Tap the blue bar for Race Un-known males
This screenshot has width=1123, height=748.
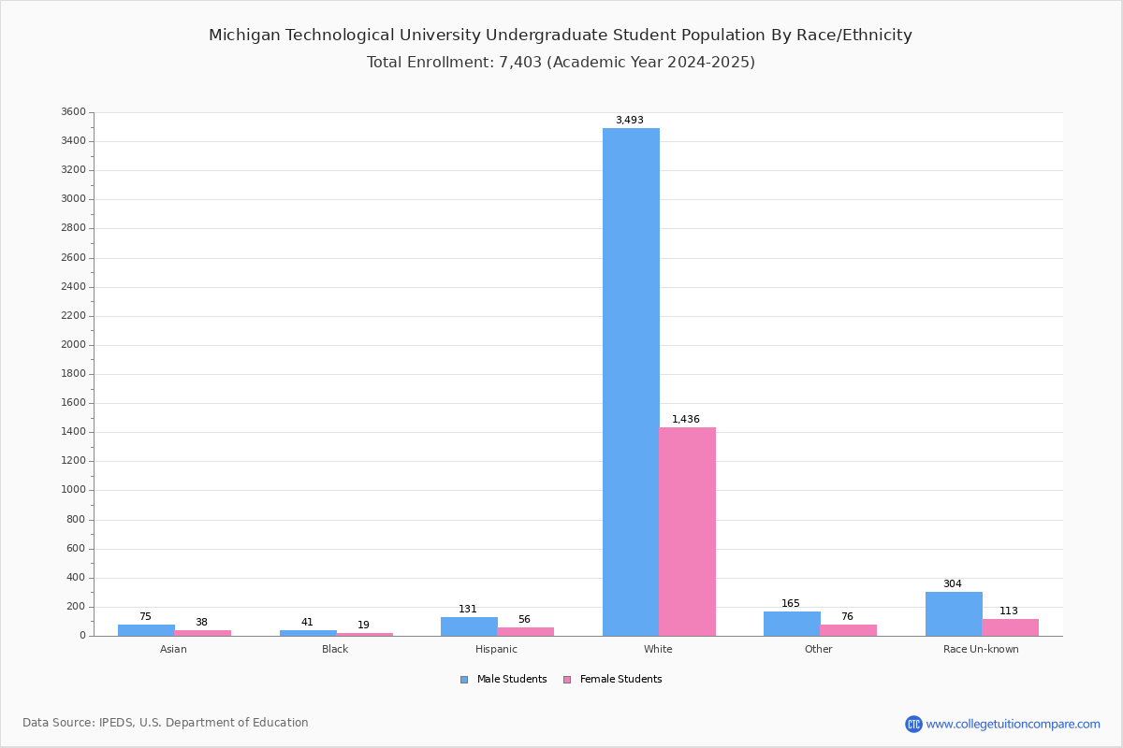(954, 613)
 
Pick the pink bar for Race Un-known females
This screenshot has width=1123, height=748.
(1010, 627)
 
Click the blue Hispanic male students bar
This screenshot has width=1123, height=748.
(469, 626)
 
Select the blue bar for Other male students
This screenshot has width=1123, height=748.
(792, 624)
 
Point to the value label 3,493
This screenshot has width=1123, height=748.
(629, 121)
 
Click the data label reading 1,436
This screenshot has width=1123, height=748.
(686, 420)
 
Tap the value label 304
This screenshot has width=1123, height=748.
(952, 584)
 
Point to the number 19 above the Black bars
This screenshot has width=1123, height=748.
(363, 626)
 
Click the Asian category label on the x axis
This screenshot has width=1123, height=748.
(173, 650)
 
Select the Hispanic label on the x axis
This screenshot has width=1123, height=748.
(496, 650)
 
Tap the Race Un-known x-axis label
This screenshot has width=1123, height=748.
(981, 650)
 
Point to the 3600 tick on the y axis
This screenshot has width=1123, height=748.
(73, 112)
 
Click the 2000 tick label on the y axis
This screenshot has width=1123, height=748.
(73, 345)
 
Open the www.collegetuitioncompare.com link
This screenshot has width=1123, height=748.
(1013, 724)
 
